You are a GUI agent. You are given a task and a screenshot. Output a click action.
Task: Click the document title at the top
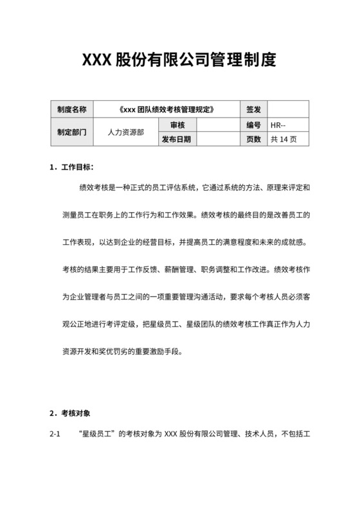[x=179, y=61]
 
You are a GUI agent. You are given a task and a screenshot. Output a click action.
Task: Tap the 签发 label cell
[x=253, y=109]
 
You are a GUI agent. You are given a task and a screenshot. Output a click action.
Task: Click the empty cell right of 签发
[x=289, y=109]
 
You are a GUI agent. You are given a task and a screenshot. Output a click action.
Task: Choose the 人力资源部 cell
[x=126, y=132]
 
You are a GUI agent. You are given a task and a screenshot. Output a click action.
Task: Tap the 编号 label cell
[x=253, y=125]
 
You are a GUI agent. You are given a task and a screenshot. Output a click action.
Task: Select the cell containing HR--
[x=289, y=125]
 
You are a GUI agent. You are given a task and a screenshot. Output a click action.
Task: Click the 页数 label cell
[x=253, y=139]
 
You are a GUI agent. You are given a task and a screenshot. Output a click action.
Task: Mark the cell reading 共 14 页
[x=289, y=139]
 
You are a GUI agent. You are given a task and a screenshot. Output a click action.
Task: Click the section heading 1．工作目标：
[x=71, y=168]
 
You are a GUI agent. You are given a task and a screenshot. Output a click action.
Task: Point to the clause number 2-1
[x=55, y=434]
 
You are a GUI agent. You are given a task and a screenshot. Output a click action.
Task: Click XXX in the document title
[x=97, y=61]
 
